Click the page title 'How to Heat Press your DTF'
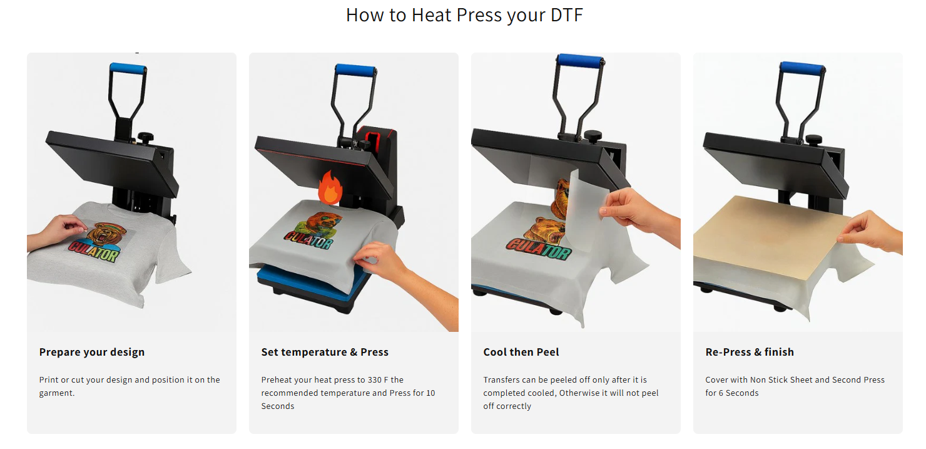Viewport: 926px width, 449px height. click(464, 15)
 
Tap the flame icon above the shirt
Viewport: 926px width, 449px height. click(330, 188)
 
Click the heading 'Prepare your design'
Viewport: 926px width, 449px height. click(92, 352)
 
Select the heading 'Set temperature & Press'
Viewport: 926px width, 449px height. click(325, 352)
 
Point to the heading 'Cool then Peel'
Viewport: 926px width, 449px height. click(521, 352)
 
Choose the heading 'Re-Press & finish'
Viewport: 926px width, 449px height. click(750, 352)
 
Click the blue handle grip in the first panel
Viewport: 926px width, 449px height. click(128, 68)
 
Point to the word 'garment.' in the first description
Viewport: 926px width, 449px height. click(57, 393)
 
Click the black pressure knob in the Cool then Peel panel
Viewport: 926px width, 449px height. click(593, 136)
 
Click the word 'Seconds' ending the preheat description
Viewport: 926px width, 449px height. click(277, 406)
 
